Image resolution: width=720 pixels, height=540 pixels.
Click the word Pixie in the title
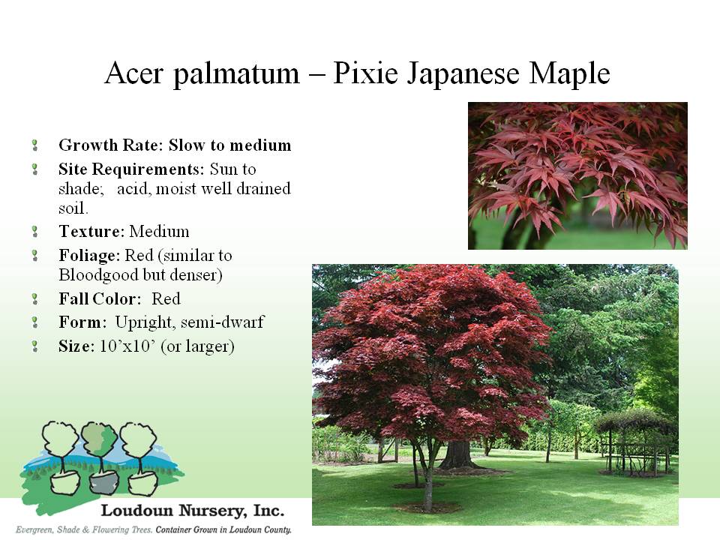pos(365,73)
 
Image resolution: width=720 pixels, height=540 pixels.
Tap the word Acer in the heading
pos(133,73)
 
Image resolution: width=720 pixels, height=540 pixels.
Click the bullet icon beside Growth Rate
pos(35,145)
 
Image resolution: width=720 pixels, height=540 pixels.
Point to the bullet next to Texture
pos(35,232)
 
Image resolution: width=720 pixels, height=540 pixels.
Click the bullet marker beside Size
pos(35,346)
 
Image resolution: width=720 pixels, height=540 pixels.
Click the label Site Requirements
pos(131,169)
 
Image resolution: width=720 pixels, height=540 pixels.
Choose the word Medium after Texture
pos(159,231)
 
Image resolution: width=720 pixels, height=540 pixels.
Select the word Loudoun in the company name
pos(136,511)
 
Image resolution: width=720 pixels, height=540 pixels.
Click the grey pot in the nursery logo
pos(103,483)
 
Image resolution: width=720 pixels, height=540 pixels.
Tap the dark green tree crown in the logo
pos(98,438)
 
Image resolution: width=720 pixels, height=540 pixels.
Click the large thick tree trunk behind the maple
pos(457,454)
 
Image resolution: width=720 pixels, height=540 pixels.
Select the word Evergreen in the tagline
pos(34,530)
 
